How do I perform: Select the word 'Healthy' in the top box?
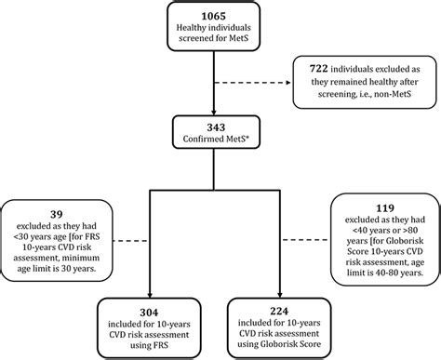190,33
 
